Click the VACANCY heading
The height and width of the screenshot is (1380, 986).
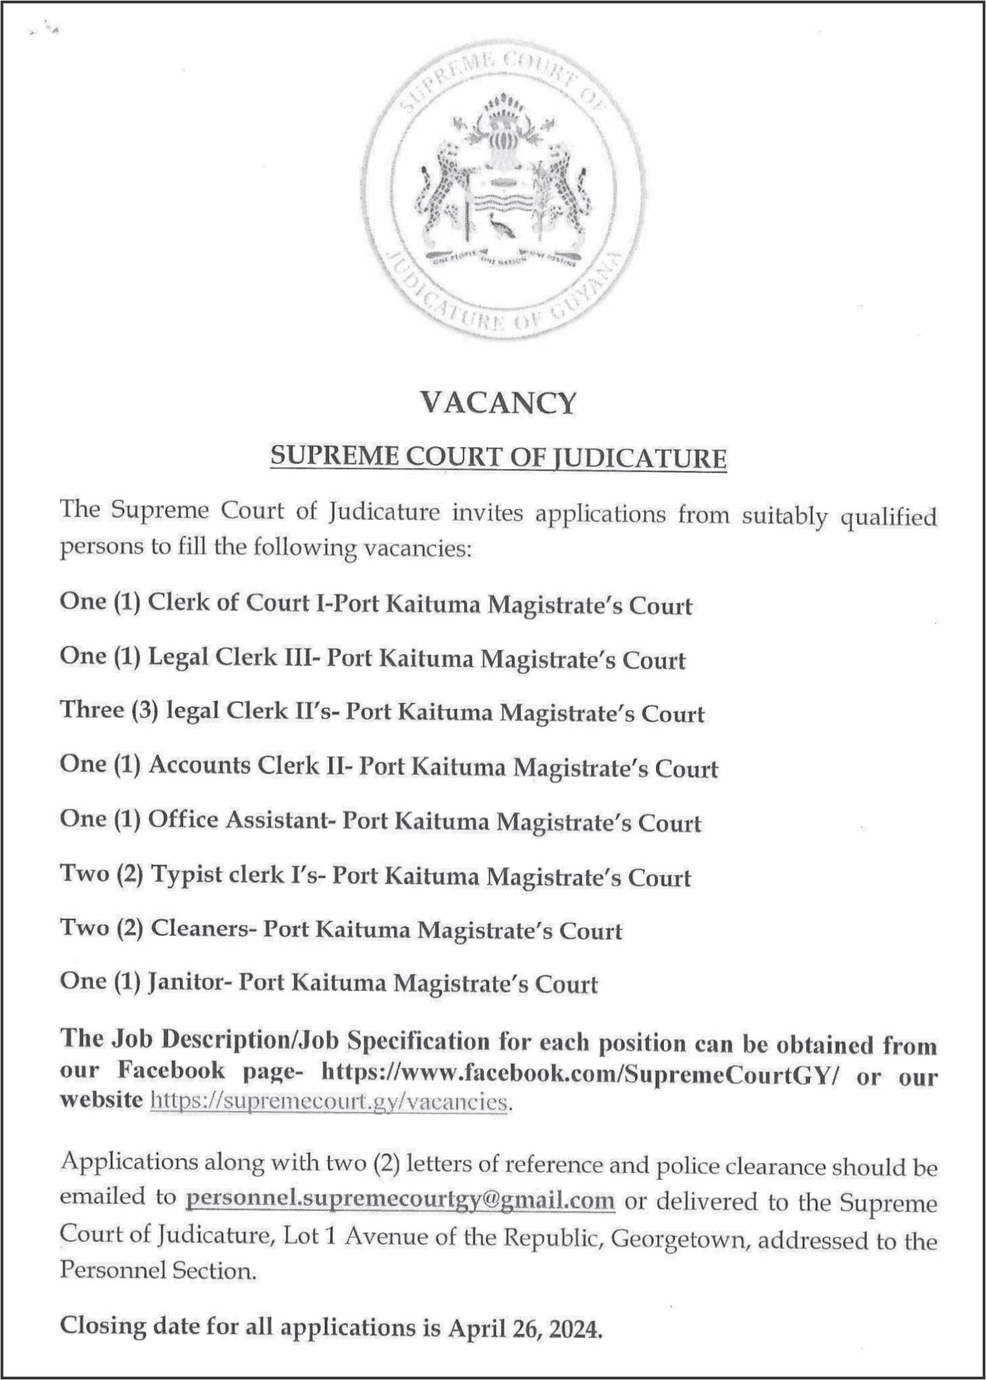tap(498, 403)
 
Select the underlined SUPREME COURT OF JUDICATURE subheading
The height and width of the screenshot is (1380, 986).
tap(498, 457)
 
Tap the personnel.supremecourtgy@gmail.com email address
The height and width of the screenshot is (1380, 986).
tap(400, 1200)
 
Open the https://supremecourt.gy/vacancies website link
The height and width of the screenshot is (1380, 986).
tap(329, 1101)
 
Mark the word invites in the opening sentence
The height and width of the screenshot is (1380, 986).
tap(486, 513)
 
